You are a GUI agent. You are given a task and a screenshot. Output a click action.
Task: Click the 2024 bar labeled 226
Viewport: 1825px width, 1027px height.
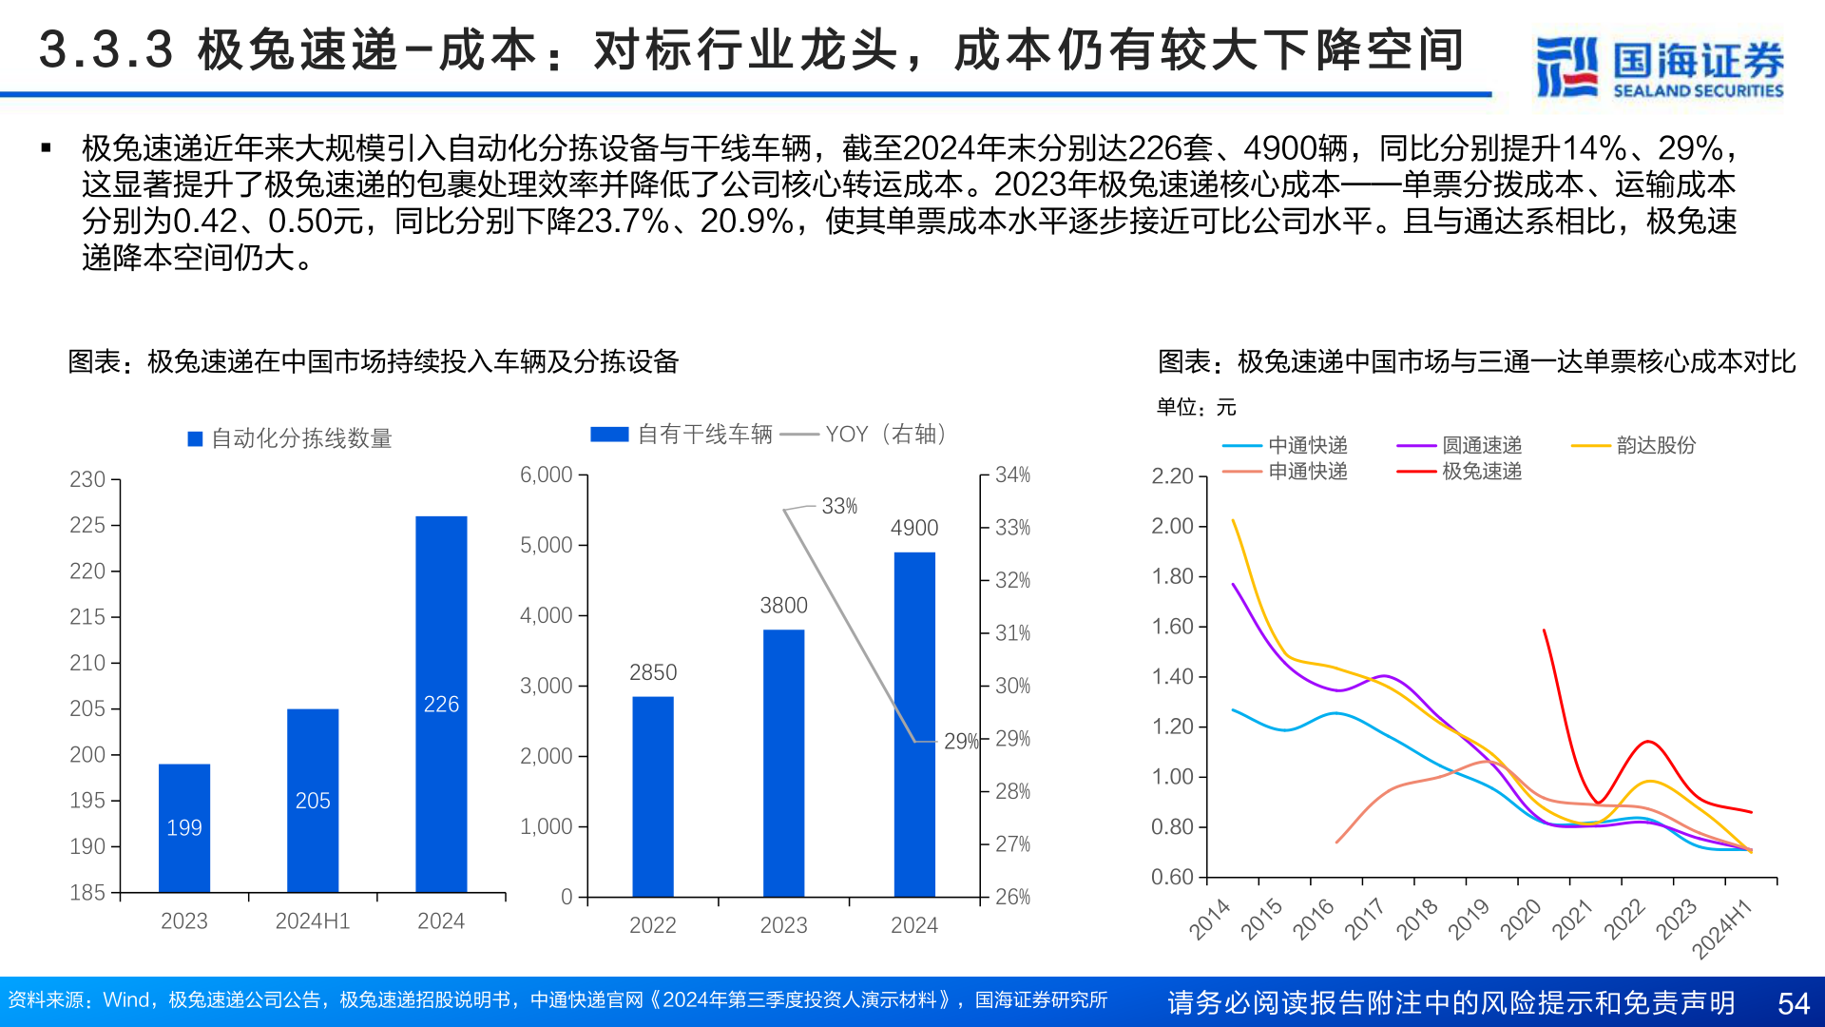pyautogui.click(x=441, y=704)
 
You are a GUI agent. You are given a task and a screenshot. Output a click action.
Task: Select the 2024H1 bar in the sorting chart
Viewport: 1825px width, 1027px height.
pyautogui.click(x=313, y=800)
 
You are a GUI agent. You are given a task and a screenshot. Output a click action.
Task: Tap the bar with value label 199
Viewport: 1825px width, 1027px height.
pyautogui.click(x=184, y=827)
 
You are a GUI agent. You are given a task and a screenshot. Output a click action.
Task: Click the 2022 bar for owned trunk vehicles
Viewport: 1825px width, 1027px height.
pyautogui.click(x=653, y=796)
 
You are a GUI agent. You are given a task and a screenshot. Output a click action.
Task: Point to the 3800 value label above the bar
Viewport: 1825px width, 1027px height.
pyautogui.click(x=783, y=606)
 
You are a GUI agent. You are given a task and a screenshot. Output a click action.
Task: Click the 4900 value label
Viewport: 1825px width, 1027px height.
pyautogui.click(x=913, y=528)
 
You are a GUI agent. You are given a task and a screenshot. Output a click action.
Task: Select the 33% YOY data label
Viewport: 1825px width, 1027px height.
pyautogui.click(x=839, y=506)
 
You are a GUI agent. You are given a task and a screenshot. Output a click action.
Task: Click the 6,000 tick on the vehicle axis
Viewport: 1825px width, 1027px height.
pyautogui.click(x=546, y=475)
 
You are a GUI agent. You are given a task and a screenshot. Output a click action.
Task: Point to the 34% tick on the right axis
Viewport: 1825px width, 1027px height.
pyautogui.click(x=1012, y=475)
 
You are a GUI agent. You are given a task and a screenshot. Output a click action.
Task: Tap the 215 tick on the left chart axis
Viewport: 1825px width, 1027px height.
pyautogui.click(x=87, y=617)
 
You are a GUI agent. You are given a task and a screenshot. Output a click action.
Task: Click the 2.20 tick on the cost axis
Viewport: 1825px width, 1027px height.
pyautogui.click(x=1172, y=475)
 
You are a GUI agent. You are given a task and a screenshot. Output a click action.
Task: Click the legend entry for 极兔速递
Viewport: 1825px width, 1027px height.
pyautogui.click(x=1481, y=472)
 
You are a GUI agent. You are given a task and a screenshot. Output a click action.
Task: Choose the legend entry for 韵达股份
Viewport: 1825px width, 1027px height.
pyautogui.click(x=1655, y=445)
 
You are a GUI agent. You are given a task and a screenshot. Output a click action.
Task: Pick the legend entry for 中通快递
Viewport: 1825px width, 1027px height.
pyautogui.click(x=1307, y=445)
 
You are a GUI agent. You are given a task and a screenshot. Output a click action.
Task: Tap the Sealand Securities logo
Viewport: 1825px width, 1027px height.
pyautogui.click(x=1660, y=67)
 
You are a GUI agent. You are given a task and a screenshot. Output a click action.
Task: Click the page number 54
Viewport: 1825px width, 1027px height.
pyautogui.click(x=1793, y=1003)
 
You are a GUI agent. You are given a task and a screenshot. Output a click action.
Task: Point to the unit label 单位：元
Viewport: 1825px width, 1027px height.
pyautogui.click(x=1196, y=408)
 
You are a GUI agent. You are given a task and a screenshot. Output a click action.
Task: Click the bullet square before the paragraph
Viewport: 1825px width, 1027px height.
pyautogui.click(x=46, y=147)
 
